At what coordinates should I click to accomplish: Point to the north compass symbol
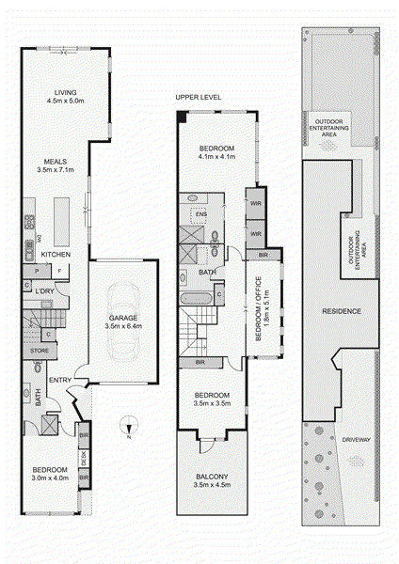127,432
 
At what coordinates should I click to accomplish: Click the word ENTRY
61,379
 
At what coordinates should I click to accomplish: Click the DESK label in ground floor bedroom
84,461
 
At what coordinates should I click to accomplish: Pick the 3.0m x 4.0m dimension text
50,478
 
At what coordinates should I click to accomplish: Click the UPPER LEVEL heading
198,98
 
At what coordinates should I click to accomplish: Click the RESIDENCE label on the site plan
342,310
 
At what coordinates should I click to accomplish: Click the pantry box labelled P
37,271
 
